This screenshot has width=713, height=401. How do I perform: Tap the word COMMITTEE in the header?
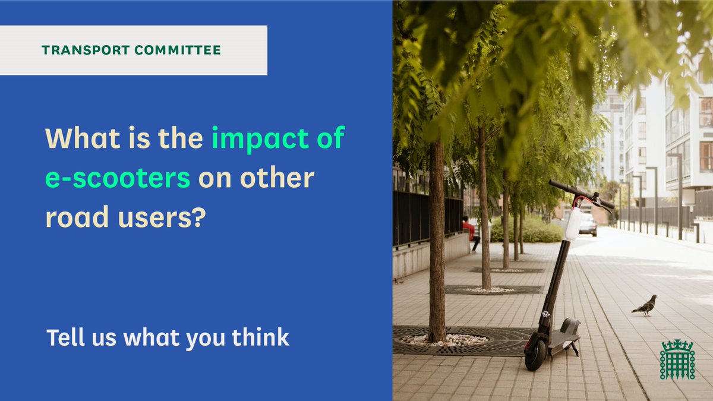(x=178, y=50)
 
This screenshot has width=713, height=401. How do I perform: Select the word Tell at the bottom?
(x=64, y=337)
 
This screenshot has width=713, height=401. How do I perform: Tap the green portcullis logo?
(x=677, y=359)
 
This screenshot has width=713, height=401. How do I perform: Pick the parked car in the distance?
(x=587, y=225)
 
